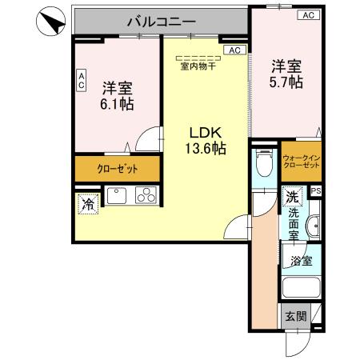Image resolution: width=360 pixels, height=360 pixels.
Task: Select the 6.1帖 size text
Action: coord(117,104)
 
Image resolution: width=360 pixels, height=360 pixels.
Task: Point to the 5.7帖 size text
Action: coord(286,82)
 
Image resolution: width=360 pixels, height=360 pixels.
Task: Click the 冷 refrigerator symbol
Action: coord(86,205)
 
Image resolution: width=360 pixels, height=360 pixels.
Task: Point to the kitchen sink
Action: coord(118,194)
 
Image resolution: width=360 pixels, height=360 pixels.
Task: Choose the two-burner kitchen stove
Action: coord(146,194)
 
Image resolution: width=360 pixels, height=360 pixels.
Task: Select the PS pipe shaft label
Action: coord(316,190)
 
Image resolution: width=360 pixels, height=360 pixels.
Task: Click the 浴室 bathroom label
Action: coord(301,260)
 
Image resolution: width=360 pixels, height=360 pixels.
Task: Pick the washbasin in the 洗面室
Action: coord(313,229)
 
